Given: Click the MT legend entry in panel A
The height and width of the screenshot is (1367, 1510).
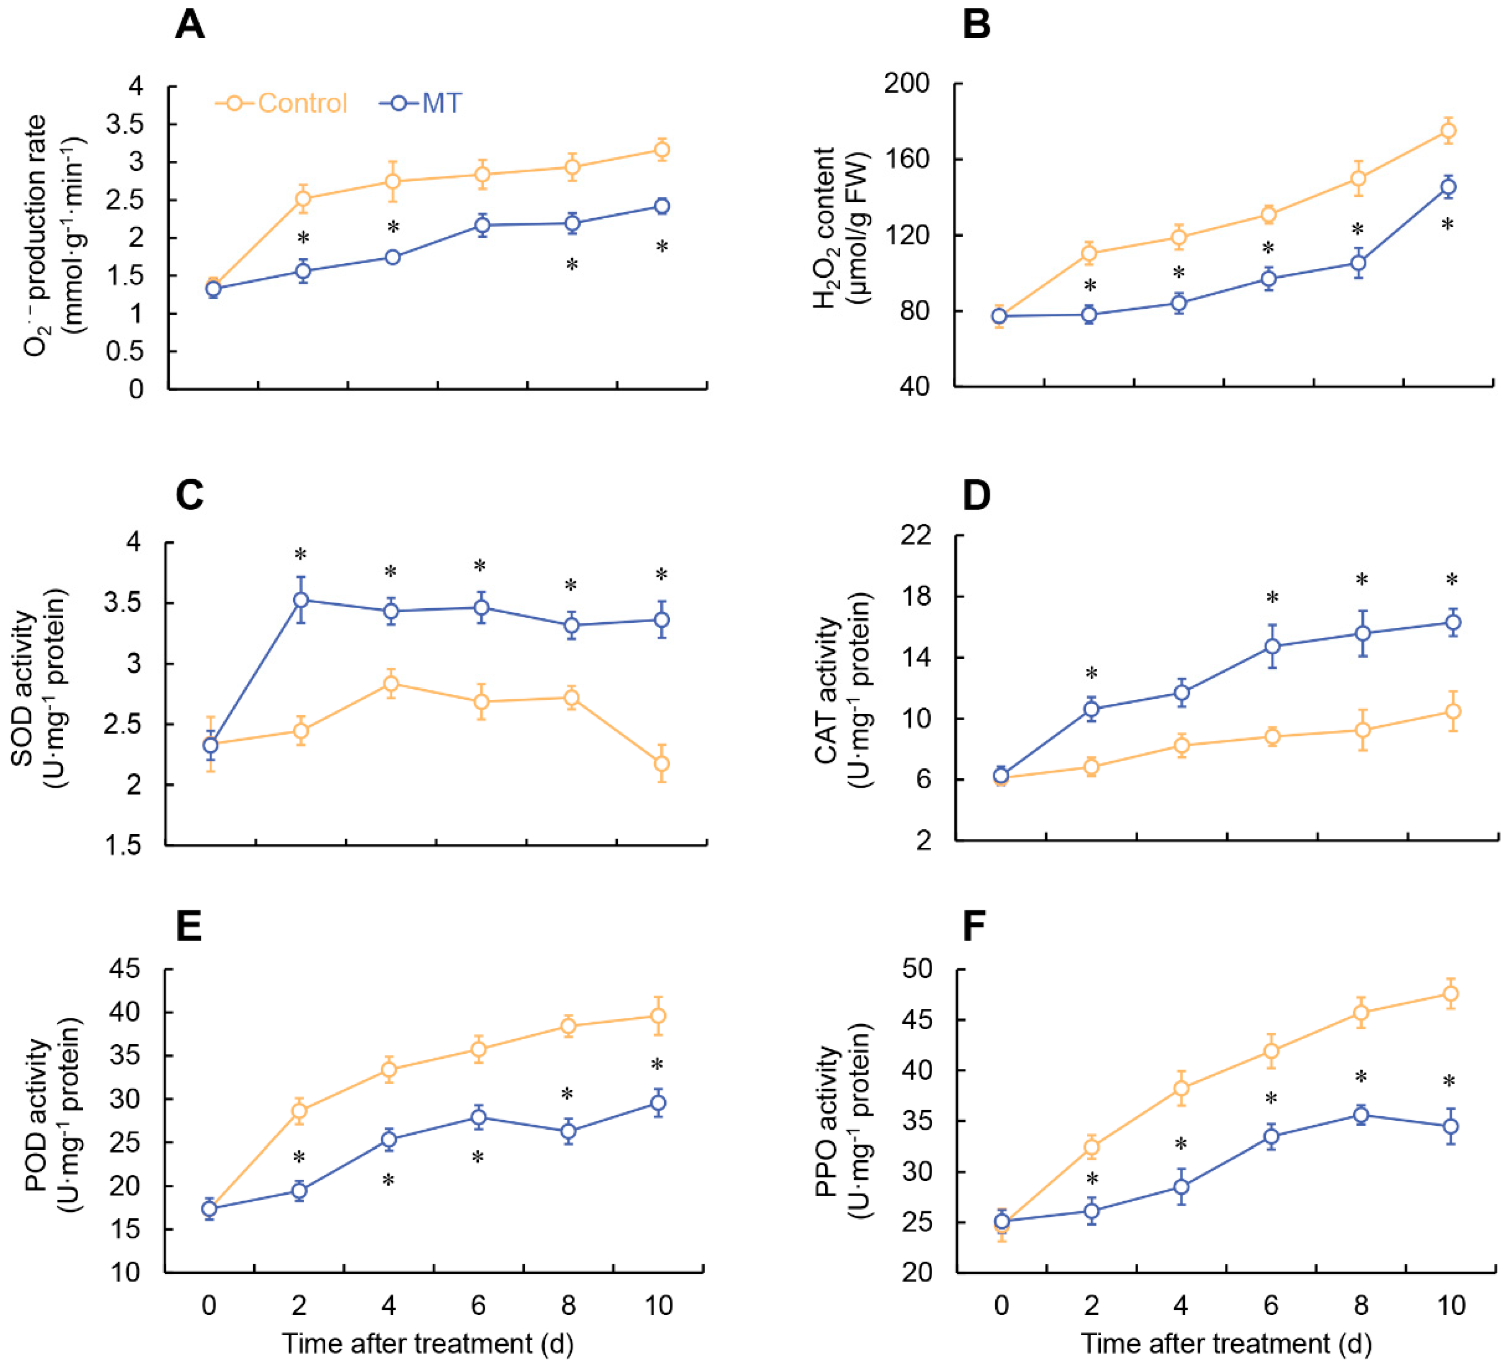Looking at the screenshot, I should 421,103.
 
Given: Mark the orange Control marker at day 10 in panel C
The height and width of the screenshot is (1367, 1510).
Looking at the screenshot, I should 662,763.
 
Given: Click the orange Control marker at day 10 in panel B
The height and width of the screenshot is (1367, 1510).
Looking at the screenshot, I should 1448,131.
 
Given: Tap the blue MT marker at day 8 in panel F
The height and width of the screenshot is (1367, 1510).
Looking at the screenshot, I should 1361,1115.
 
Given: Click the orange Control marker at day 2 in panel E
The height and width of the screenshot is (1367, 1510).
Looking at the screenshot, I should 299,1111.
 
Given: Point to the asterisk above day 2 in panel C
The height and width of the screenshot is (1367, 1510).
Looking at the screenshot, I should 301,555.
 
